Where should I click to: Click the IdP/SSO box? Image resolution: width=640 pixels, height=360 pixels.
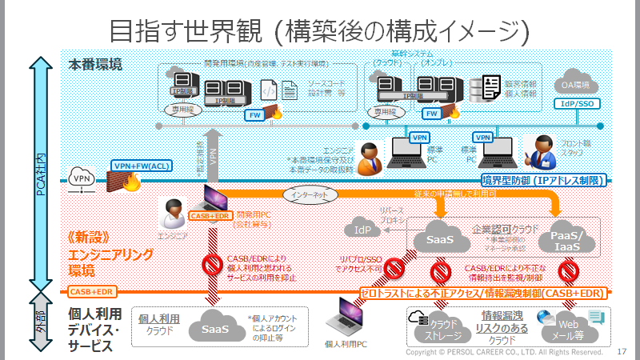coord(575,103)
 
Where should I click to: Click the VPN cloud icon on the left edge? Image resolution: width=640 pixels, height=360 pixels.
coord(82,178)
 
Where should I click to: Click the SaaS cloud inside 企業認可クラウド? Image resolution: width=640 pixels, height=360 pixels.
coord(441,238)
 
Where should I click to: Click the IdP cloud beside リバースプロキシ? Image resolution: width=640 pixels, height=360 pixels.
coord(362,230)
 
